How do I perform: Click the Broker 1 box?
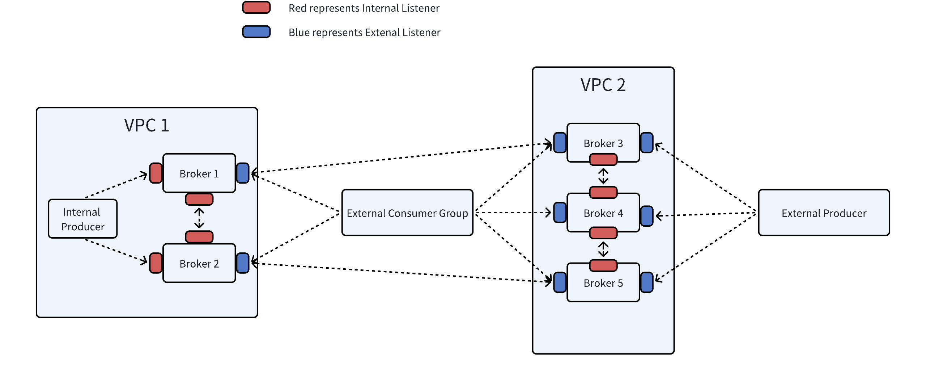(x=199, y=173)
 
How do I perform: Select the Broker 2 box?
(x=199, y=263)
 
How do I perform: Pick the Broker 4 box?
(x=603, y=213)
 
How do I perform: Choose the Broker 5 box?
(x=603, y=283)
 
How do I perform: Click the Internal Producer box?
(x=82, y=219)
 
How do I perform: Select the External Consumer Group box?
(x=407, y=213)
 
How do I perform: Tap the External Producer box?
(x=824, y=213)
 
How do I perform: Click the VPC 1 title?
(x=146, y=126)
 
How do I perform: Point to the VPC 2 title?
(x=603, y=85)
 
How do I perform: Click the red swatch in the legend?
(x=256, y=8)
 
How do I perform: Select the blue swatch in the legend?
(x=256, y=32)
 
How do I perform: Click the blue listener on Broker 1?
(x=243, y=173)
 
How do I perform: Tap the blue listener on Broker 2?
(x=243, y=263)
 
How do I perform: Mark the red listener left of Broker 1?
(x=156, y=173)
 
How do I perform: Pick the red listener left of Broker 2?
(x=156, y=263)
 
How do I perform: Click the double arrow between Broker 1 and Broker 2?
(x=199, y=218)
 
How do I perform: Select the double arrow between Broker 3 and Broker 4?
(x=603, y=176)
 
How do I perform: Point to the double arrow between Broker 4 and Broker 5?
(x=603, y=249)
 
